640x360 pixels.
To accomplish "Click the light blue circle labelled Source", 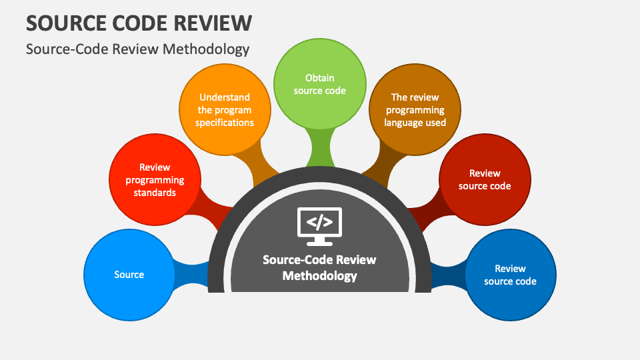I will pos(129,275).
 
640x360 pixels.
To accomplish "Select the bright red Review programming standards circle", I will pos(155,180).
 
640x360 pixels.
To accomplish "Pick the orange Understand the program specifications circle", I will pos(225,110).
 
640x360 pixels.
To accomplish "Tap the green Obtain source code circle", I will pos(320,84).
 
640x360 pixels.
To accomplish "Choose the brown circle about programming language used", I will pos(415,110).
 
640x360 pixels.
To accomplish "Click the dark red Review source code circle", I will pos(485,180).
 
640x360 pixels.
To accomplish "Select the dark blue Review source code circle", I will pos(510,275).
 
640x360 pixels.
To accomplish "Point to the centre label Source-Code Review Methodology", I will pos(319,267).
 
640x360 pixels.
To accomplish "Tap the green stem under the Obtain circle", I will pos(320,147).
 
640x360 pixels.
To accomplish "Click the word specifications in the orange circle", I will pos(225,123).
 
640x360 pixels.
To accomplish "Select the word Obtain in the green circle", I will pos(320,78).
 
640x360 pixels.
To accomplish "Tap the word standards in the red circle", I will pos(155,193).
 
